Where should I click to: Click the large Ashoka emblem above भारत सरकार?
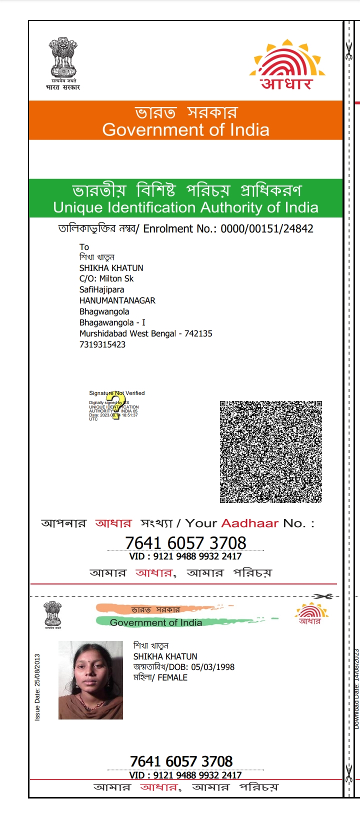point(63,57)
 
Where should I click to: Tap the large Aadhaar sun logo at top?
point(287,64)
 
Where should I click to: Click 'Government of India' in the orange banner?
point(185,130)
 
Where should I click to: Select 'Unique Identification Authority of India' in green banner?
point(185,207)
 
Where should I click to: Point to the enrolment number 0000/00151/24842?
point(267,229)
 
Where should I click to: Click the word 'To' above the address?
point(84,247)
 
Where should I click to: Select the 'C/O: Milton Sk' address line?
point(106,278)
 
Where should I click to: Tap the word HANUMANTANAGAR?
point(117,300)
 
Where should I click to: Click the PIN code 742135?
point(198,333)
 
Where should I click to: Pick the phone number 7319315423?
point(102,344)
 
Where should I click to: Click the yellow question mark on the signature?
point(117,405)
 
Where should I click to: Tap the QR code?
point(270,451)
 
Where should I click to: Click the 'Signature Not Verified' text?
point(116,393)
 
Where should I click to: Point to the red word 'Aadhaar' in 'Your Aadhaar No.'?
point(249,523)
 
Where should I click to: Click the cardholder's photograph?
point(90,680)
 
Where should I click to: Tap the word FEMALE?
point(172,677)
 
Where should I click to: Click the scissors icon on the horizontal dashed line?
point(323,596)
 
